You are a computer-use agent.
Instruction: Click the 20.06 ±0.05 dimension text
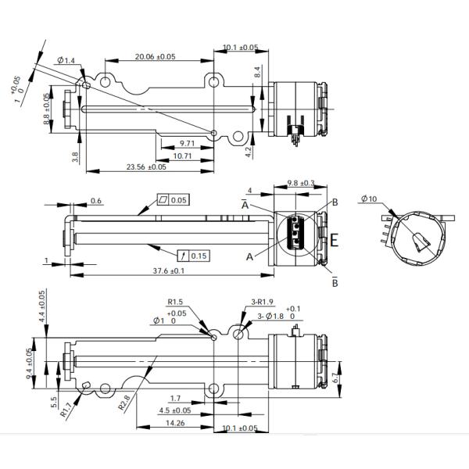(x=155, y=56)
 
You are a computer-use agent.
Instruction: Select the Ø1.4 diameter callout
(x=66, y=60)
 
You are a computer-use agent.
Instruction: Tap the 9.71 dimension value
(x=187, y=144)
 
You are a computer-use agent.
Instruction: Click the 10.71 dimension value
(x=183, y=156)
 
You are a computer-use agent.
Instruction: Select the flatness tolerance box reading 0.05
(x=174, y=200)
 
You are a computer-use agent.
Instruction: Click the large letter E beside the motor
(x=335, y=241)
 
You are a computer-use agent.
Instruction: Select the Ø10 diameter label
(x=369, y=199)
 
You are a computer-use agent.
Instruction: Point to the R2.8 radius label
(x=124, y=403)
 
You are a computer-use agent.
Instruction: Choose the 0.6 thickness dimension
(x=95, y=201)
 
